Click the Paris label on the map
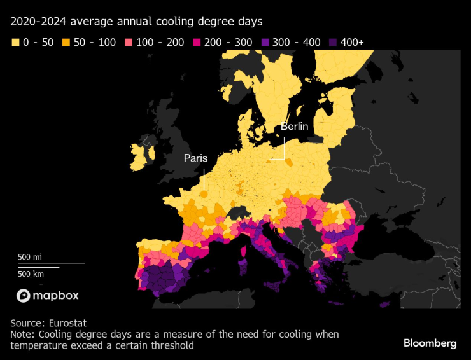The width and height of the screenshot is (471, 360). pyautogui.click(x=195, y=158)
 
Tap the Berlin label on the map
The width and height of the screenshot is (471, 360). pyautogui.click(x=294, y=127)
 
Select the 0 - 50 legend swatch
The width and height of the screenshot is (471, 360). pyautogui.click(x=15, y=43)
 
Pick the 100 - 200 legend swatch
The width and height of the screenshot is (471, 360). pyautogui.click(x=129, y=43)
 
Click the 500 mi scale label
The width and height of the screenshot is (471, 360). pyautogui.click(x=30, y=257)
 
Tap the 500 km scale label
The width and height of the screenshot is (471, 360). pyautogui.click(x=30, y=273)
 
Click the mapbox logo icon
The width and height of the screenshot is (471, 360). pyautogui.click(x=24, y=296)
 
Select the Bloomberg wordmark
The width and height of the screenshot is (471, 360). pyautogui.click(x=430, y=343)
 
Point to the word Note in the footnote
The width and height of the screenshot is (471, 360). pyautogui.click(x=22, y=335)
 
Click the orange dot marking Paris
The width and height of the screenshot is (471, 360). pyautogui.click(x=204, y=194)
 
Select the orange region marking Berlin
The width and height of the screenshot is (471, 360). pyautogui.click(x=290, y=162)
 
